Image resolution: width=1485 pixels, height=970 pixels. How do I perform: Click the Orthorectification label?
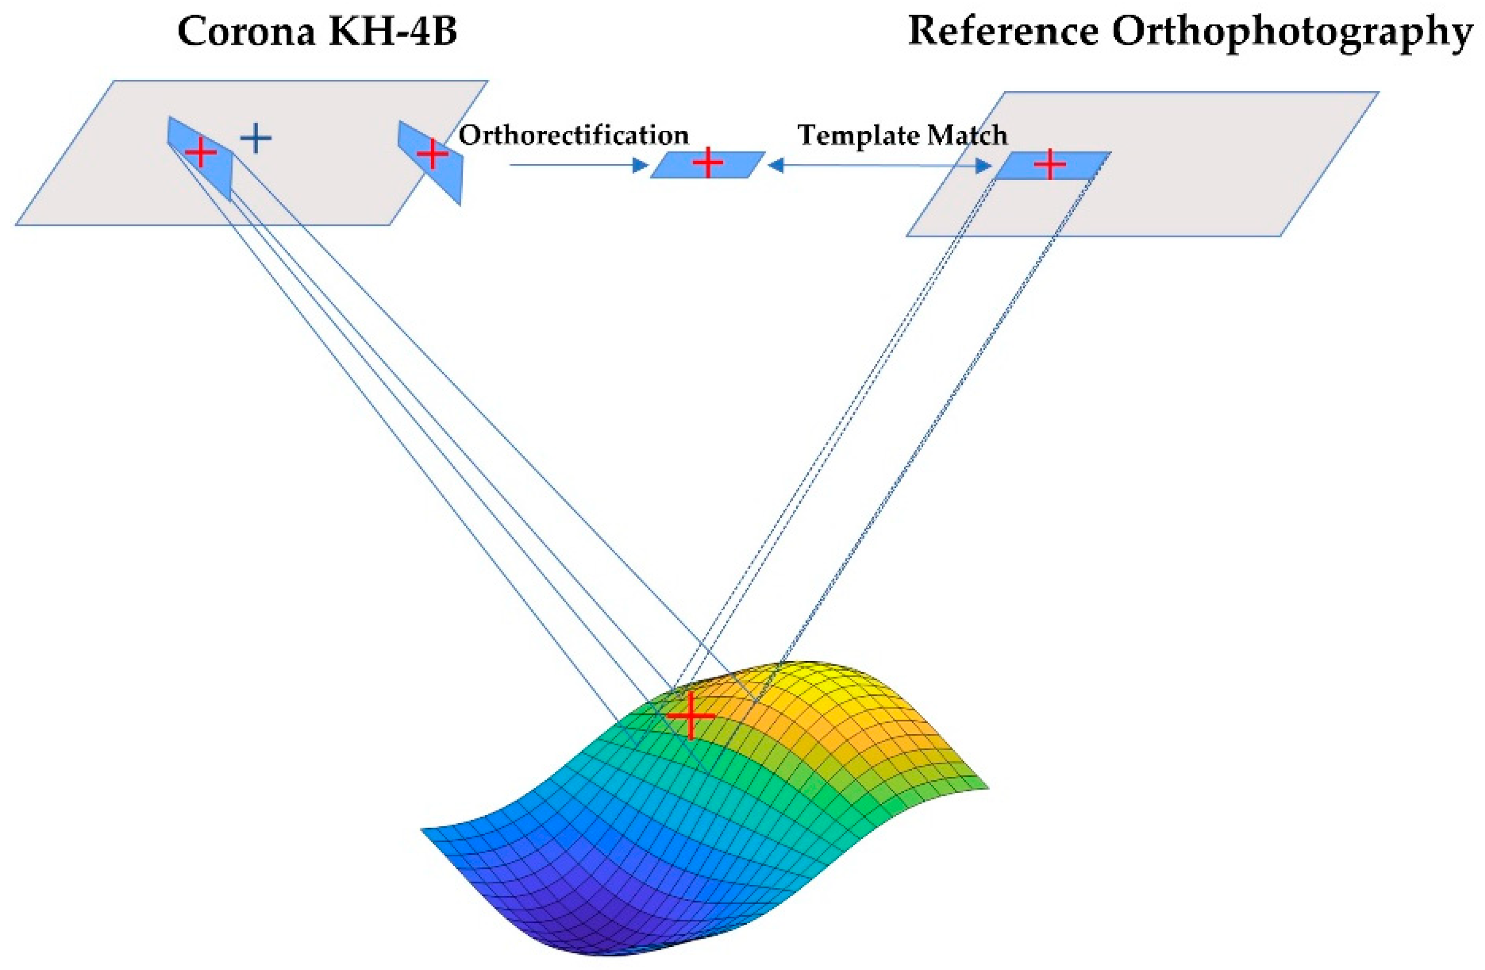(x=573, y=135)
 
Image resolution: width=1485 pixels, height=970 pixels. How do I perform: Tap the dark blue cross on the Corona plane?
(x=256, y=138)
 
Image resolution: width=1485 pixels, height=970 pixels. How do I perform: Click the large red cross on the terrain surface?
(x=690, y=715)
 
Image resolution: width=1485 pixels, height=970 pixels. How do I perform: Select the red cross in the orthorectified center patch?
(x=707, y=163)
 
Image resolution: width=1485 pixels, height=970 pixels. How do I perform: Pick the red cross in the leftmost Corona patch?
(x=200, y=152)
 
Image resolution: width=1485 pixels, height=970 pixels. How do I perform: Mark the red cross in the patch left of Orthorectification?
(x=432, y=153)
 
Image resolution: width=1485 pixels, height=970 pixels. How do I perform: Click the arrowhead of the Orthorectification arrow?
(x=641, y=165)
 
